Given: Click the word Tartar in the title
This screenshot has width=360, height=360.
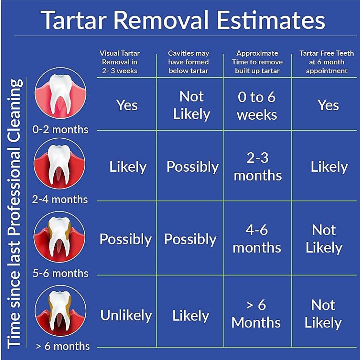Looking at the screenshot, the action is pyautogui.click(x=74, y=20).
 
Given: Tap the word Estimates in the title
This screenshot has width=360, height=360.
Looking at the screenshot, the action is pyautogui.click(x=271, y=20).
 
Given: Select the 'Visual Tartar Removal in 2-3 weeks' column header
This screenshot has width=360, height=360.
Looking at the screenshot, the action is pyautogui.click(x=120, y=62).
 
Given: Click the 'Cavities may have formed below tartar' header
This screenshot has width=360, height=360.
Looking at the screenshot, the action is pyautogui.click(x=188, y=62).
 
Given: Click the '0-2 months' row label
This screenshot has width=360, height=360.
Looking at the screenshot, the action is pyautogui.click(x=60, y=130).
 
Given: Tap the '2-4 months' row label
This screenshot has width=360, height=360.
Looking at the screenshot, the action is pyautogui.click(x=60, y=199).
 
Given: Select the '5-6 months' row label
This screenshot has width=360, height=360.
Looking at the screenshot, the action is pyautogui.click(x=60, y=273).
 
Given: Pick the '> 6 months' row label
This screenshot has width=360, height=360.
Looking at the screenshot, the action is pyautogui.click(x=63, y=346).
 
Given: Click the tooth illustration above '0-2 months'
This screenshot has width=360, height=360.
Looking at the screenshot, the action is pyautogui.click(x=60, y=93).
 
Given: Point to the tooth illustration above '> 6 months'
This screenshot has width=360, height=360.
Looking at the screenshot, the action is pyautogui.click(x=60, y=311).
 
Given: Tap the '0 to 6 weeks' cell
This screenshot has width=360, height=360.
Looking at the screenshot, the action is pyautogui.click(x=257, y=106).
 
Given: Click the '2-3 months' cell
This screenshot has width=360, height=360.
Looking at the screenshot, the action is pyautogui.click(x=258, y=167).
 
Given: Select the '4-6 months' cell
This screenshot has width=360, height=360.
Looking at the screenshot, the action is pyautogui.click(x=257, y=239).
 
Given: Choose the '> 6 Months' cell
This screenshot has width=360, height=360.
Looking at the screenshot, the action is pyautogui.click(x=256, y=314).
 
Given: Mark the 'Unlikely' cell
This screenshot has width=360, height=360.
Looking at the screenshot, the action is pyautogui.click(x=126, y=315).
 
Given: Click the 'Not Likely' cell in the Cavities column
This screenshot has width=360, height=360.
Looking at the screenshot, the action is pyautogui.click(x=191, y=105).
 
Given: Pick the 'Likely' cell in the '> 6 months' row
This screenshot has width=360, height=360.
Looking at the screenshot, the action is pyautogui.click(x=191, y=315).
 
